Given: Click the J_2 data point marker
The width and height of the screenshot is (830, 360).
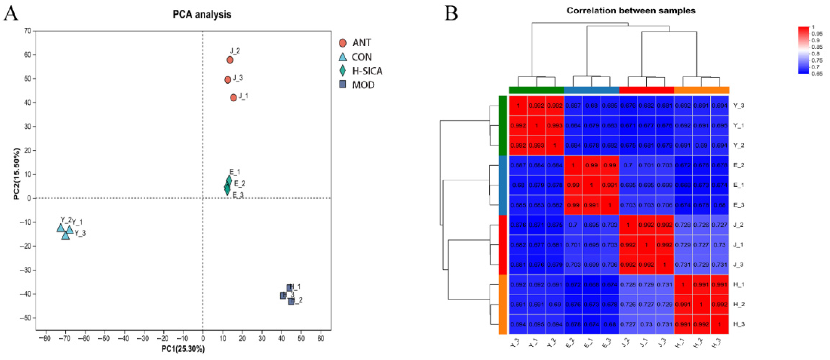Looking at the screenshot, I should (x=230, y=60).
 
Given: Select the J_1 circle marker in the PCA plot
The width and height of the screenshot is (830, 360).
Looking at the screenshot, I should (x=234, y=97).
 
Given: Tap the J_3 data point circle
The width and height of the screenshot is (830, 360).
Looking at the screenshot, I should (x=228, y=80).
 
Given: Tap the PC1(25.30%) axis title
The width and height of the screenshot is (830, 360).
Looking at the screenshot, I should (x=183, y=349).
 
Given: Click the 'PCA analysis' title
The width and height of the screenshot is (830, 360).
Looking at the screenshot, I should (x=202, y=14).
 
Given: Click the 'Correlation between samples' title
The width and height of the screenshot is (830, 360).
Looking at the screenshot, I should (x=631, y=11).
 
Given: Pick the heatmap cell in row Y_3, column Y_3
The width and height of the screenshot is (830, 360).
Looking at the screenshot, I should (x=518, y=106).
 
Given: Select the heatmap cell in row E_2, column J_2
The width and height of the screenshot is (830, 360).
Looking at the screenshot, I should (x=628, y=165).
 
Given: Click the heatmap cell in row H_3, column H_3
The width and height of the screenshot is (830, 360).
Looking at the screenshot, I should (x=720, y=324).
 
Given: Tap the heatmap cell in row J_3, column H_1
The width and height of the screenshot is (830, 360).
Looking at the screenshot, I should (x=683, y=265).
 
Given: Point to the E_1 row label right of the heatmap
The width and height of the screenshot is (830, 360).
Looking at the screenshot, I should (x=739, y=185).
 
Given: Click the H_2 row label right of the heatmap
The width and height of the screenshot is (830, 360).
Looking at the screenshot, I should (x=739, y=304).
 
